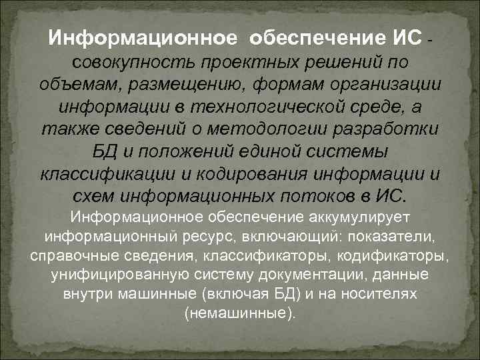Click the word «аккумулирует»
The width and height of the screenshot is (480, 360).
tap(361, 217)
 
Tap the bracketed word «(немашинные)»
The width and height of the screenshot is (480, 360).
tap(239, 313)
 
